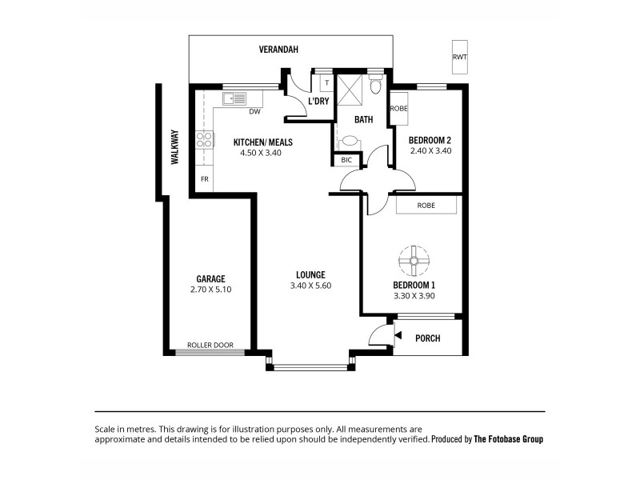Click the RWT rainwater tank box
tap(459, 57)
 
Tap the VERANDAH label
tap(278, 50)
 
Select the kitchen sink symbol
tap(235, 99)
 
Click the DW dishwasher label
tap(254, 112)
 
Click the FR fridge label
tap(205, 179)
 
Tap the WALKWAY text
tap(174, 147)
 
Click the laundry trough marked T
tap(326, 82)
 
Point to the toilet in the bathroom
tap(376, 85)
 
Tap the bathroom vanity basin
tap(349, 141)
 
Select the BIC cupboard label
tap(346, 160)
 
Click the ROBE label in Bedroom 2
tap(398, 108)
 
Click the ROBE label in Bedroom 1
tap(426, 206)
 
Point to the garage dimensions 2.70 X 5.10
tap(211, 290)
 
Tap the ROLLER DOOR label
tap(210, 346)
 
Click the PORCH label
tap(428, 338)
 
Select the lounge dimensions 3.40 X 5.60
tap(308, 286)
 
